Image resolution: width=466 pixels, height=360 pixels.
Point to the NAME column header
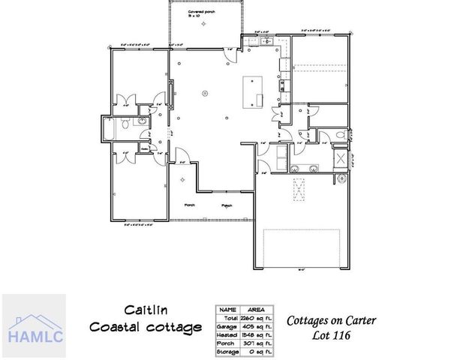click(x=228, y=308)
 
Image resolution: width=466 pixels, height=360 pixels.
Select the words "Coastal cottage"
click(x=145, y=327)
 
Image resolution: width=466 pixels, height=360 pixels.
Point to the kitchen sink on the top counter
click(x=267, y=42)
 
